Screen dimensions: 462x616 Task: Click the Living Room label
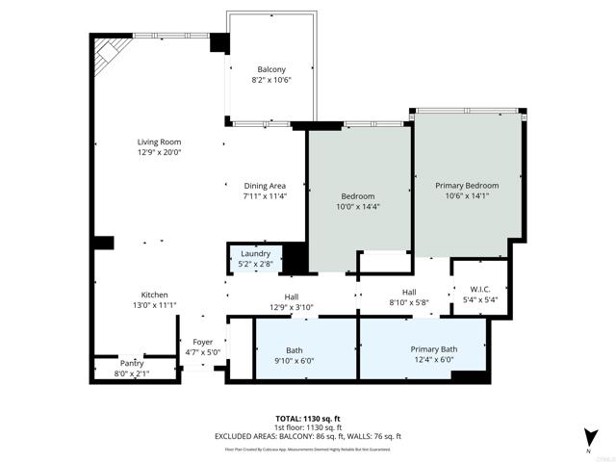coord(159,142)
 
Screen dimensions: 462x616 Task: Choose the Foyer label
coord(203,342)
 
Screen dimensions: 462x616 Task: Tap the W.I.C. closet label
coord(480,288)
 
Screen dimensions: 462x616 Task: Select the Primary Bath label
coord(434,348)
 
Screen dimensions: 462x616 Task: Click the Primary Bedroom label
coord(467,185)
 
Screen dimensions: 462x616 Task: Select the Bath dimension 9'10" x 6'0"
coord(294,361)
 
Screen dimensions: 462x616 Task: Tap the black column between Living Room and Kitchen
coord(103,243)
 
